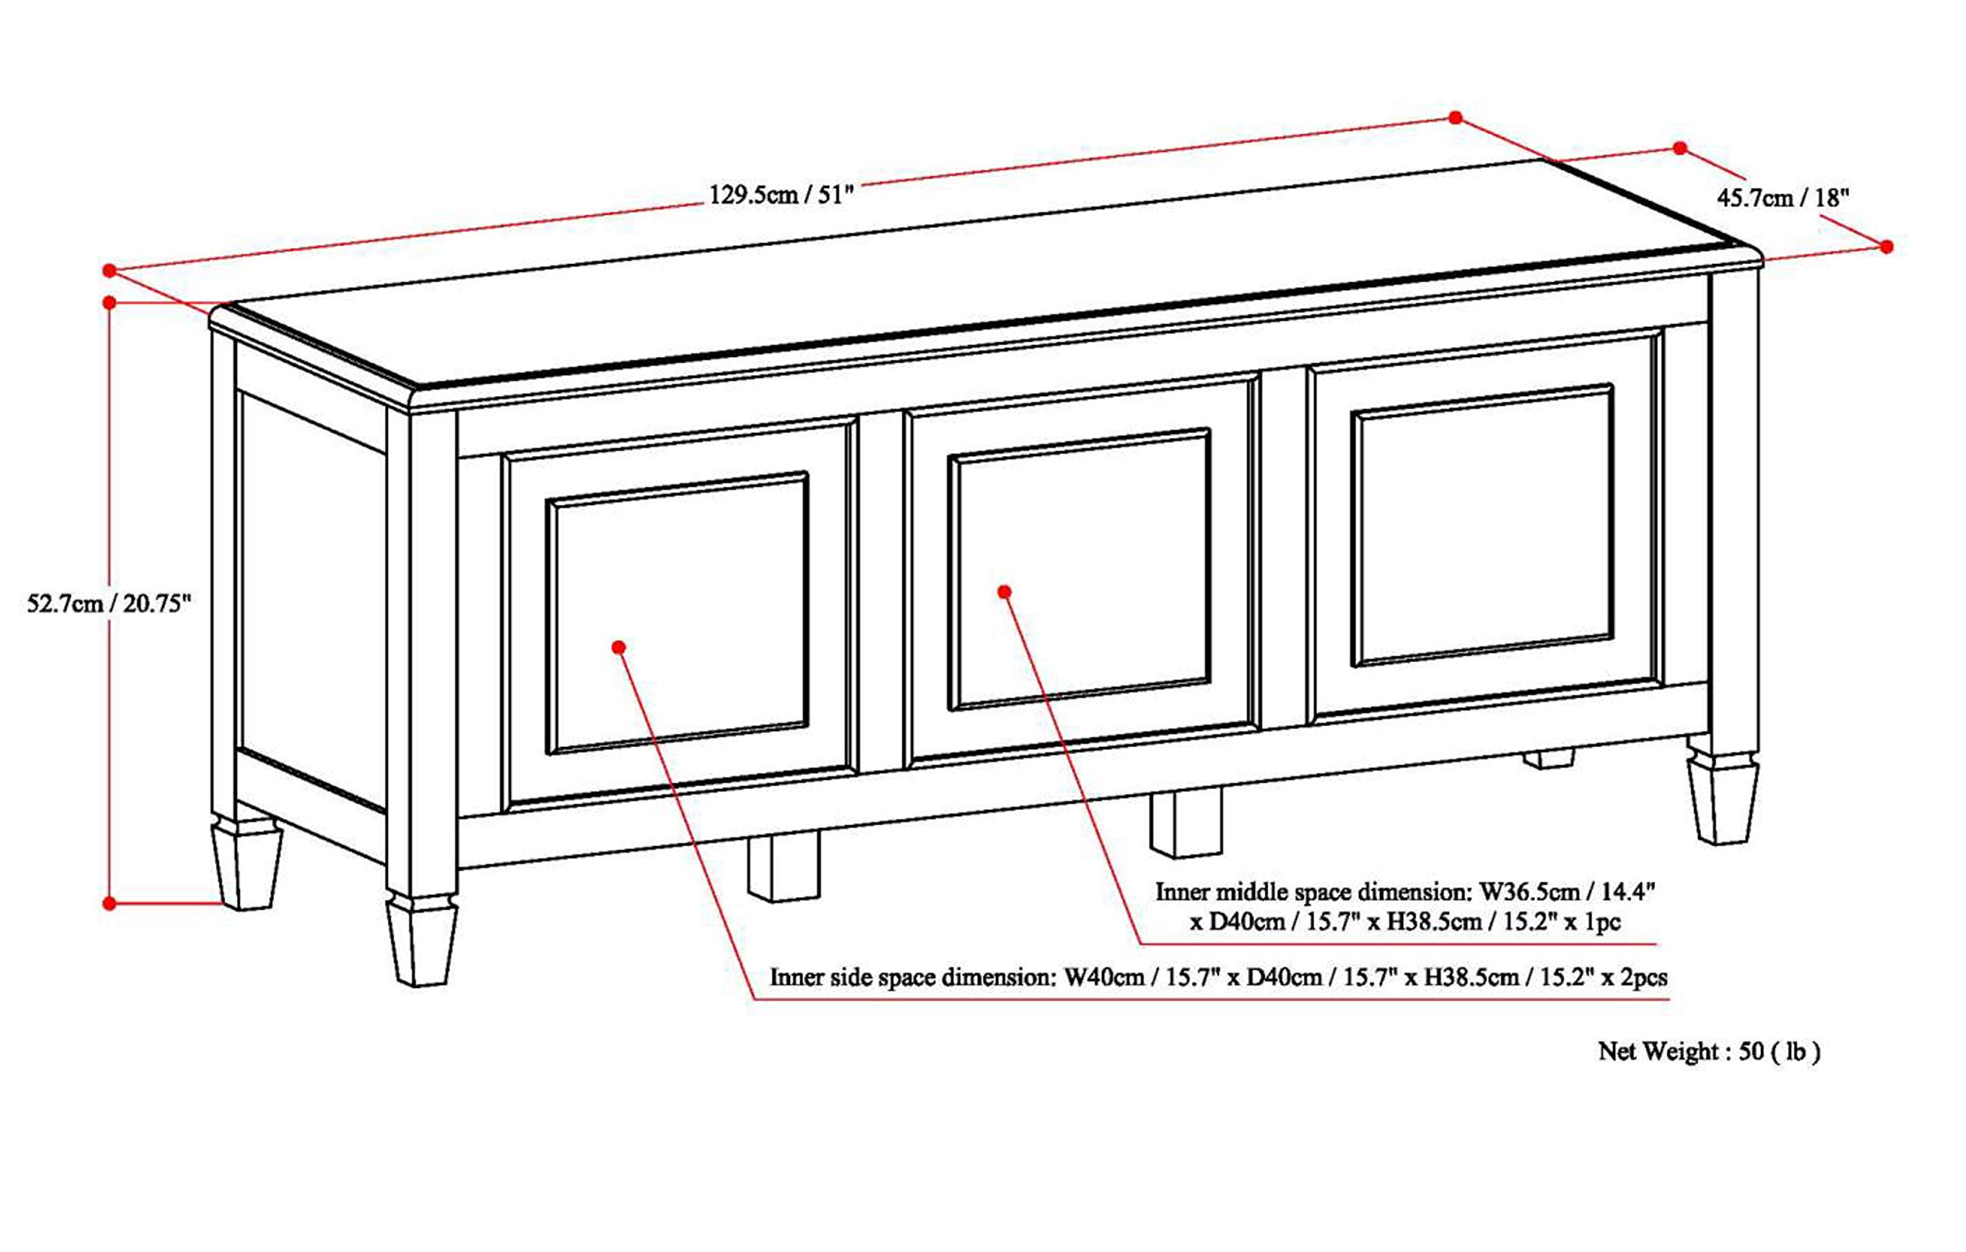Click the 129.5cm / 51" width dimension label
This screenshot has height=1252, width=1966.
tap(779, 195)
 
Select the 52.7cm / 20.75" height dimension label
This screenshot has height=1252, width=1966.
tap(108, 604)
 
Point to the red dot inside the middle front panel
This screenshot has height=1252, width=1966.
tap(1005, 592)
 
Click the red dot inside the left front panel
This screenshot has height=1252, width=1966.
tap(619, 647)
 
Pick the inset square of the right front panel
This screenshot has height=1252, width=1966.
tap(1483, 525)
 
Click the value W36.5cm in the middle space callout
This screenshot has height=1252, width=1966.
tap(1528, 892)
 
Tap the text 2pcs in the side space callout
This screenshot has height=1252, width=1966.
tap(1644, 977)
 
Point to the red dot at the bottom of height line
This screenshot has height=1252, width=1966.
tap(109, 903)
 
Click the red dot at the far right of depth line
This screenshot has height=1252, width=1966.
tap(1886, 246)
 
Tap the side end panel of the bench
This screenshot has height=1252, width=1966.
tap(313, 604)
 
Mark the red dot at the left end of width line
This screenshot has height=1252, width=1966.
tap(109, 270)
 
